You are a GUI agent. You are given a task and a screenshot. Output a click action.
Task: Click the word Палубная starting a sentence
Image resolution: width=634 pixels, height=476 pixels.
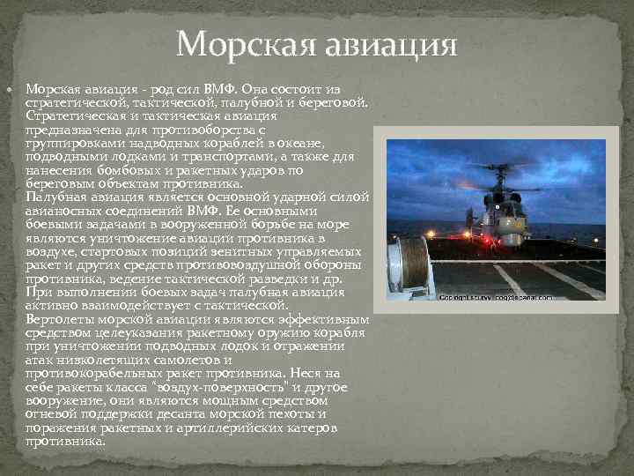click(x=57, y=197)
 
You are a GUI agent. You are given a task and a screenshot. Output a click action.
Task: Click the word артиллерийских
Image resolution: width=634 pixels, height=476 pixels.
click(x=240, y=428)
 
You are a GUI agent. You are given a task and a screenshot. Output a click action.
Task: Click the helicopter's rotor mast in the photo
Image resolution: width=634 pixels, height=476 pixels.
click(x=500, y=179)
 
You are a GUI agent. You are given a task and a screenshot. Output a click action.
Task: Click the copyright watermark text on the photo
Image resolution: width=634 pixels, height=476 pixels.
click(x=503, y=297)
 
